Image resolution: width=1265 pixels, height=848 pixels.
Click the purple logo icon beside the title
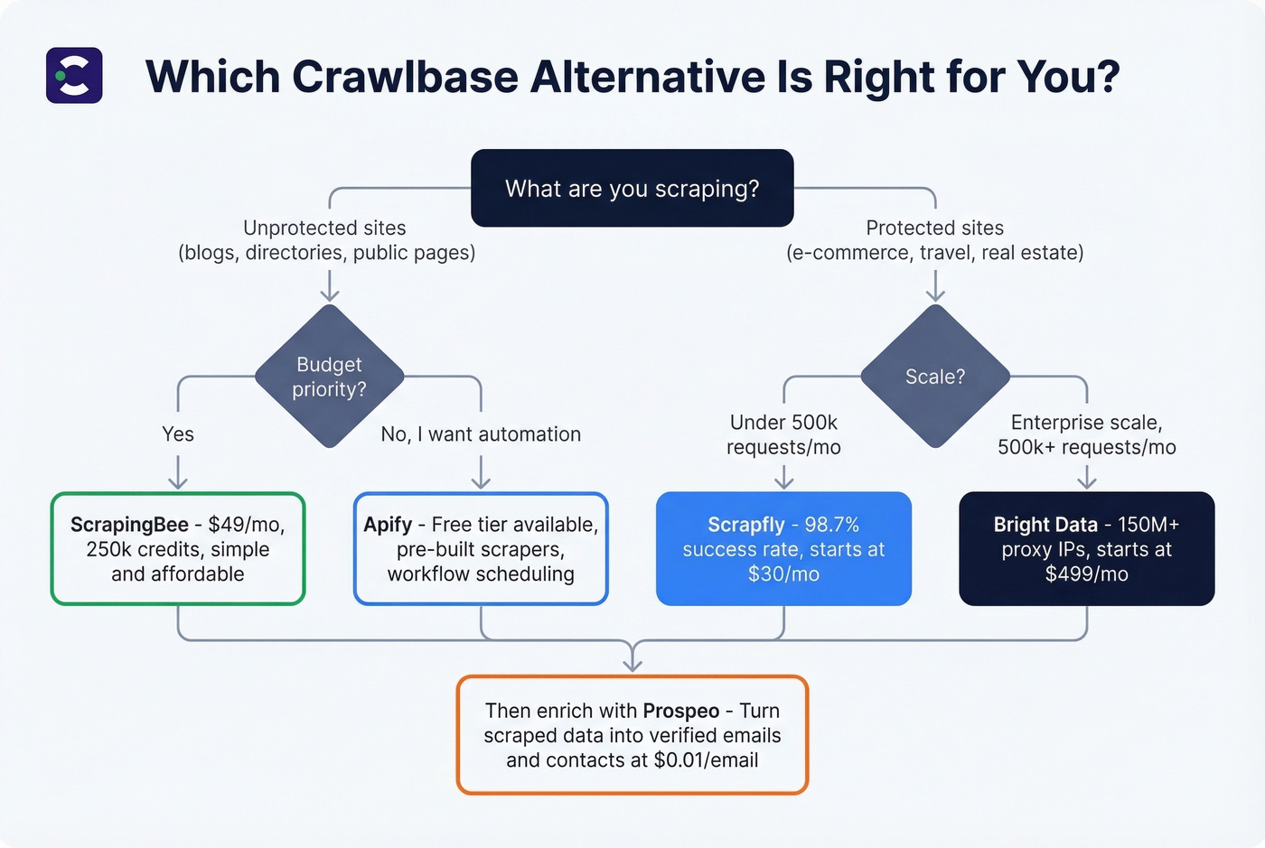(x=74, y=76)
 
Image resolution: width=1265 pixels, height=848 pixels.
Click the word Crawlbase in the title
(x=404, y=77)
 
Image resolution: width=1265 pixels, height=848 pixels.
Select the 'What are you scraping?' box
(x=632, y=188)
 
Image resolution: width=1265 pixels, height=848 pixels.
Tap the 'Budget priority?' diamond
(x=329, y=377)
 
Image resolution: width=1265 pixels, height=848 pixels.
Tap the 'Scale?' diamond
(x=935, y=377)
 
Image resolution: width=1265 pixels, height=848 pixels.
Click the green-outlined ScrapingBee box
(x=178, y=548)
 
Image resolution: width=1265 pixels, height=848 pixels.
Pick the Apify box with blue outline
(x=481, y=548)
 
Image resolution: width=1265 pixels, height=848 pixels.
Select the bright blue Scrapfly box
(x=783, y=548)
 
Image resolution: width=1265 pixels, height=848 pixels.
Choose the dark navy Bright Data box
(x=1086, y=548)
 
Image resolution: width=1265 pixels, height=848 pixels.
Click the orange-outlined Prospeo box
(x=632, y=734)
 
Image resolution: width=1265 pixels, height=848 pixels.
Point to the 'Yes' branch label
(x=178, y=434)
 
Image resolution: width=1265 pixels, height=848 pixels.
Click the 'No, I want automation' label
(x=481, y=434)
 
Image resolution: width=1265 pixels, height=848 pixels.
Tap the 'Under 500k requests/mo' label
(x=783, y=434)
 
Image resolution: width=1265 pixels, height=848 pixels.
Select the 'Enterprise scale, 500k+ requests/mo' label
(x=1086, y=434)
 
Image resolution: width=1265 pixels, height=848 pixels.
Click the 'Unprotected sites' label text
(x=324, y=228)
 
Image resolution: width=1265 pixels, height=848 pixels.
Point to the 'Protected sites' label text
(x=934, y=228)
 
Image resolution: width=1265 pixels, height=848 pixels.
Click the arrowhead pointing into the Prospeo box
(x=632, y=666)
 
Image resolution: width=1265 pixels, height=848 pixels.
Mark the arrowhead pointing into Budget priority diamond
(x=330, y=294)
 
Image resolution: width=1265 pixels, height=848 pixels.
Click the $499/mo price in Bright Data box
(x=1086, y=574)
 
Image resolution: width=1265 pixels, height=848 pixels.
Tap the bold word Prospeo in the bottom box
(x=681, y=711)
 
